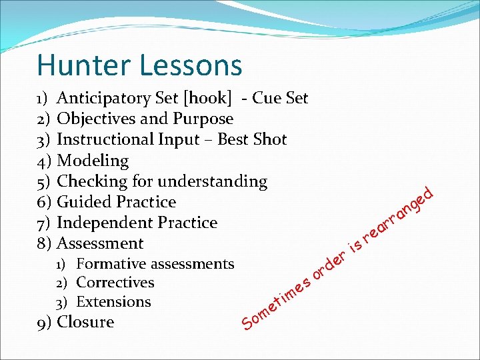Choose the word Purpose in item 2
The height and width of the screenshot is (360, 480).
203,119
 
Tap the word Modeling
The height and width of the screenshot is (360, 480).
93,161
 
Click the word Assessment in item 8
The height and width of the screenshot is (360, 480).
100,243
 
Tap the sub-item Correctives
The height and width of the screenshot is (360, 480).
115,283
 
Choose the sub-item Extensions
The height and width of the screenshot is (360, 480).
113,301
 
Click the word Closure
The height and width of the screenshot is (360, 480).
85,322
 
